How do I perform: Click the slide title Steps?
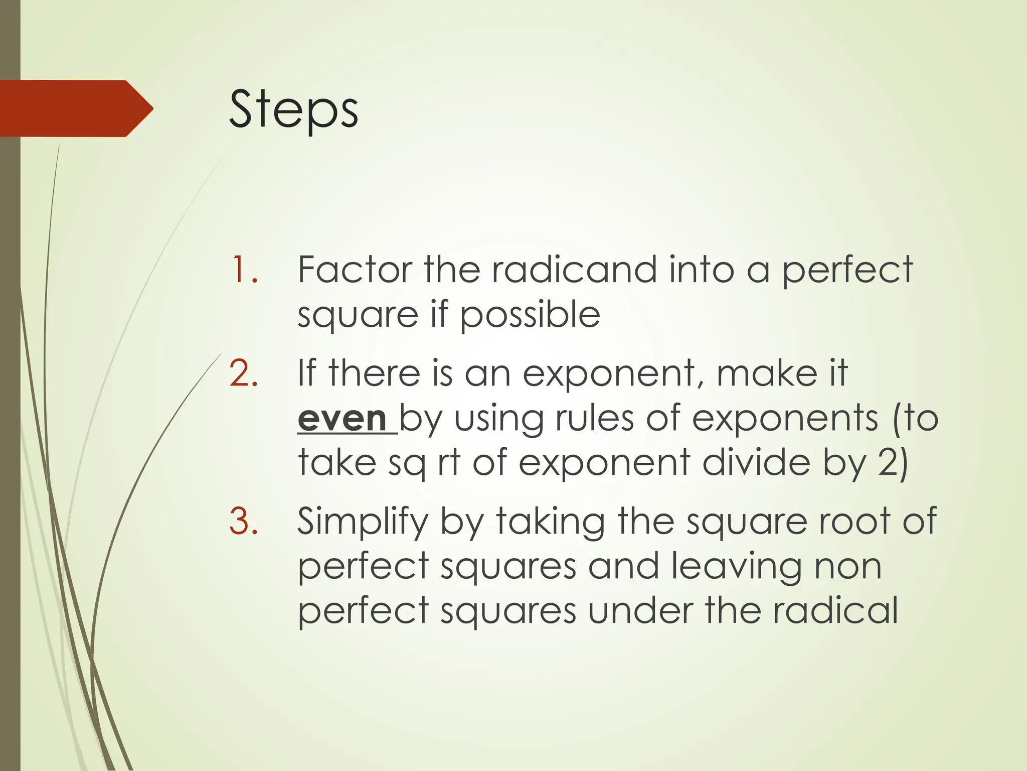pos(293,109)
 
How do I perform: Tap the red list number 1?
pos(244,270)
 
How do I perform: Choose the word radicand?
pos(574,270)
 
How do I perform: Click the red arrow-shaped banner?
pos(75,108)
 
